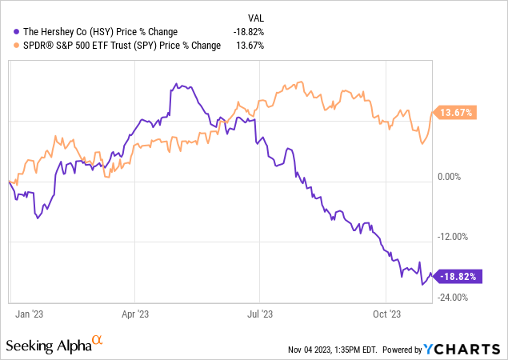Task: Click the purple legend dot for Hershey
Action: (x=8, y=31)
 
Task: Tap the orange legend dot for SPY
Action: (x=8, y=45)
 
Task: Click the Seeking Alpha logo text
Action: (x=48, y=346)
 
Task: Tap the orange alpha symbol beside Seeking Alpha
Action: (x=98, y=341)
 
